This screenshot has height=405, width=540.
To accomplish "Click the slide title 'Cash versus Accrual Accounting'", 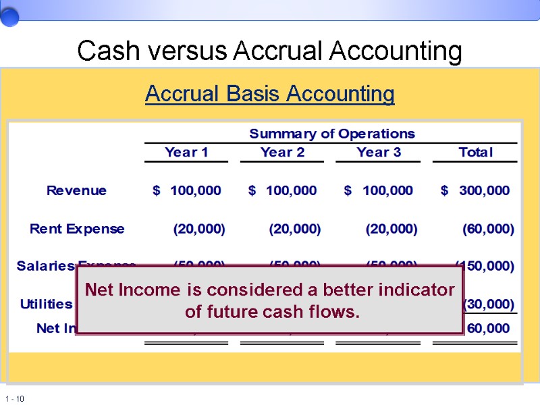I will click(x=269, y=51).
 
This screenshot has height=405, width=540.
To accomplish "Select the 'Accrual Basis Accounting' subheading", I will click(x=269, y=94).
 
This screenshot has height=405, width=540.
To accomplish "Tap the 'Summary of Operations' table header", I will click(x=332, y=134).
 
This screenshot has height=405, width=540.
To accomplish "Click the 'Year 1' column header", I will click(x=186, y=153).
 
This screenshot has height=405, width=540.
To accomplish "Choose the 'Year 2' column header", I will click(x=282, y=153).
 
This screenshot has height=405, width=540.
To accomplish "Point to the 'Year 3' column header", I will click(x=379, y=153).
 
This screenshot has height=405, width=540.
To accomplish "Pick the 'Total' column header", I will click(x=475, y=153).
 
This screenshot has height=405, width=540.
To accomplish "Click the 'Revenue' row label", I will click(x=76, y=190).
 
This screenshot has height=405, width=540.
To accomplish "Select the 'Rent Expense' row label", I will click(x=77, y=229).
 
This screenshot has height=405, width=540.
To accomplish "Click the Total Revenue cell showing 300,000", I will click(x=484, y=190).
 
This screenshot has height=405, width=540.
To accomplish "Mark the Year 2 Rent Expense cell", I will click(x=295, y=229).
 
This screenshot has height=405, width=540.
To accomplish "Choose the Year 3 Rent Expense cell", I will click(x=391, y=229).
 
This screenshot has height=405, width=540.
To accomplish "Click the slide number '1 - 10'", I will click(x=14, y=399).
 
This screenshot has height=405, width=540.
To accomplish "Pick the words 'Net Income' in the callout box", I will click(x=126, y=290).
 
